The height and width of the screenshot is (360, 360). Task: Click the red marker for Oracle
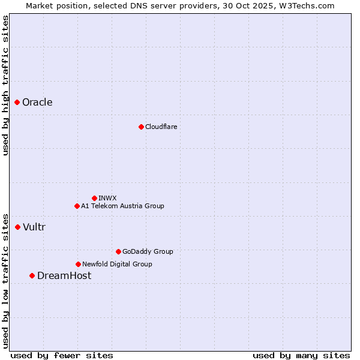pyautogui.click(x=17, y=103)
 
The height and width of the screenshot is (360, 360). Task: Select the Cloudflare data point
pyautogui.click(x=141, y=127)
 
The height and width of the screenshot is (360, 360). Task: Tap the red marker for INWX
pyautogui.click(x=94, y=198)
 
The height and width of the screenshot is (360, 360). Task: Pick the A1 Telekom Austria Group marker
pyautogui.click(x=77, y=206)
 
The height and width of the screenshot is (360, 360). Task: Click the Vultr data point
pyautogui.click(x=18, y=227)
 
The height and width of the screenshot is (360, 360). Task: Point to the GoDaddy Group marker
pyautogui.click(x=118, y=251)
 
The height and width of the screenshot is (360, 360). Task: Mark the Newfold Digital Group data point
pyautogui.click(x=78, y=264)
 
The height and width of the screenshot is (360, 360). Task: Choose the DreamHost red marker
pyautogui.click(x=32, y=275)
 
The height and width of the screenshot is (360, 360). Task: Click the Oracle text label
pyautogui.click(x=37, y=103)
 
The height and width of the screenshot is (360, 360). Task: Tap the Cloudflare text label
pyautogui.click(x=161, y=127)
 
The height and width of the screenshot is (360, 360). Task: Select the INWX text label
pyautogui.click(x=107, y=198)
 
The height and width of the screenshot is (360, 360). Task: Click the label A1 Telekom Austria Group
pyautogui.click(x=122, y=206)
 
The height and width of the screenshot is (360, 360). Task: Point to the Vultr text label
pyautogui.click(x=34, y=227)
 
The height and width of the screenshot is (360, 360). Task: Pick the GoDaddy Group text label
pyautogui.click(x=148, y=251)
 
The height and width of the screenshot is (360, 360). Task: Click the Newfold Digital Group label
pyautogui.click(x=117, y=264)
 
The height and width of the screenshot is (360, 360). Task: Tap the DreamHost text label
pyautogui.click(x=64, y=275)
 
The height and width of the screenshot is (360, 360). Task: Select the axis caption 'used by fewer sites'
pyautogui.click(x=62, y=355)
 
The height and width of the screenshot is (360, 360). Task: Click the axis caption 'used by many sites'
pyautogui.click(x=301, y=355)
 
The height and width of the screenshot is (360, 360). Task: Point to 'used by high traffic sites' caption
pyautogui.click(x=5, y=85)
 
